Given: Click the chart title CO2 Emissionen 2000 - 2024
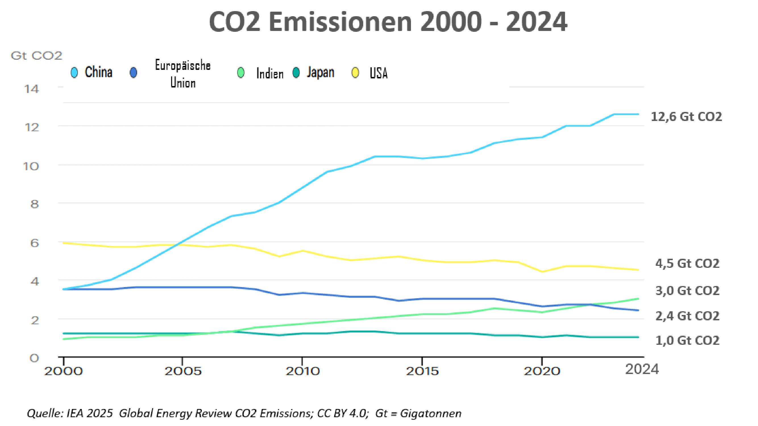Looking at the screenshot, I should pos(388,22).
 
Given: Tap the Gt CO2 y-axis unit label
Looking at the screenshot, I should pos(36,56).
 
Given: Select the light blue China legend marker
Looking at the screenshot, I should pos(74,72).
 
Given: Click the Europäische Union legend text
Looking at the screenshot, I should pos(183,74).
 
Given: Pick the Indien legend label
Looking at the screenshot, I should pos(269,74).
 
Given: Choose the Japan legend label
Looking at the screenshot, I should pos(320,72).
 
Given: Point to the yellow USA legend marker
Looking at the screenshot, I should pos(356,73).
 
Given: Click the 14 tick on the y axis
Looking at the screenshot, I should pos(32,89).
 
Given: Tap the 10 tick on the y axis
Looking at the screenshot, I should pos(31,166).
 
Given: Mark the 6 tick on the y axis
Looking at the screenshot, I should pos(34,243).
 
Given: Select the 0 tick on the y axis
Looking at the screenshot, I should pos(34,358).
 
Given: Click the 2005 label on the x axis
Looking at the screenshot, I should pos(183,371).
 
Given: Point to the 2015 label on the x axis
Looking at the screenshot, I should pos(422,371).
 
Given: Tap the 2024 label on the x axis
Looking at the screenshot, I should pos(642,369).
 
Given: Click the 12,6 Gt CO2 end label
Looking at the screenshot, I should pos(686,117).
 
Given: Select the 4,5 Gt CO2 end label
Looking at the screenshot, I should pos(687,264).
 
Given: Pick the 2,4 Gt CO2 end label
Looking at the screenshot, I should pos(687,316).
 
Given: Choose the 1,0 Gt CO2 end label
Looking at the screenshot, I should pos(687,341).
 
